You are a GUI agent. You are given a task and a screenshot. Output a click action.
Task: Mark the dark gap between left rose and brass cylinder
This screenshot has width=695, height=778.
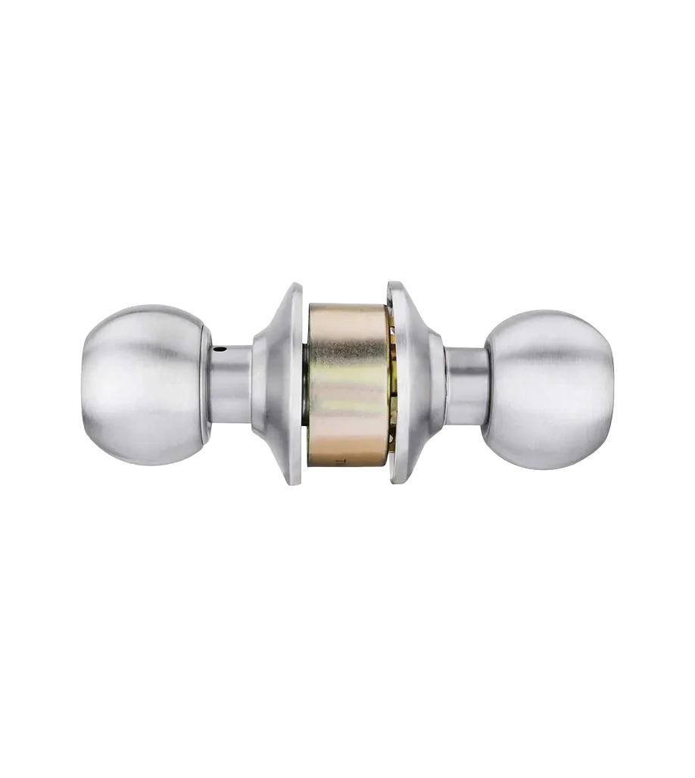(305, 382)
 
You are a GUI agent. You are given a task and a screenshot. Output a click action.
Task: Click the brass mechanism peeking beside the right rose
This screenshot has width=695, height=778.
(390, 378)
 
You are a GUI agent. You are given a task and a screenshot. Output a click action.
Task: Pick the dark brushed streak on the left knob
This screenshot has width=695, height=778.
(151, 352)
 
